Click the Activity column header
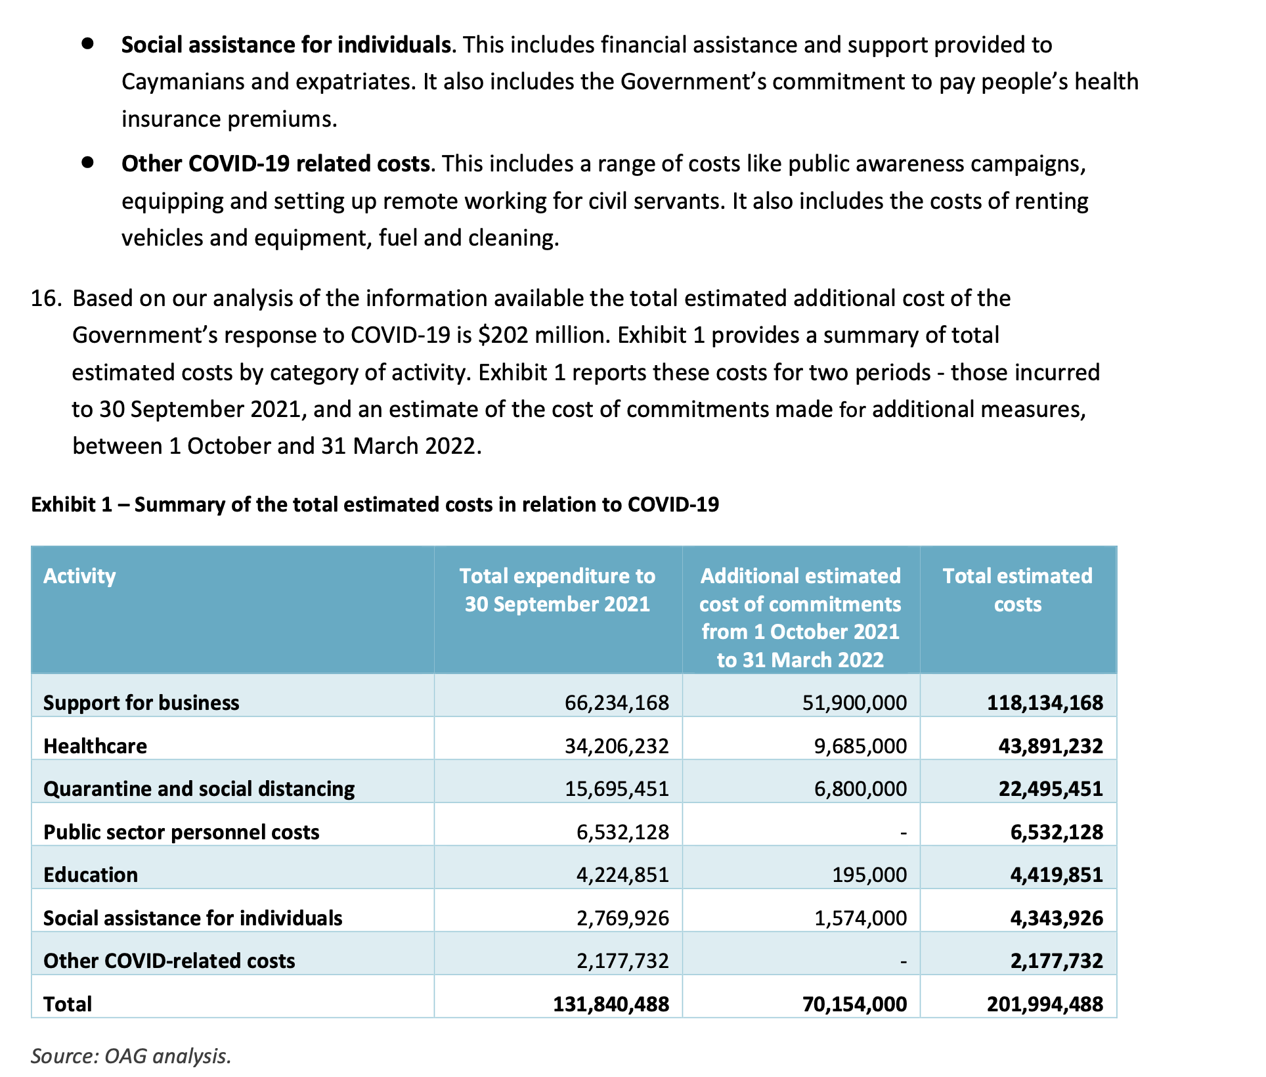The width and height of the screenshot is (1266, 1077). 79,576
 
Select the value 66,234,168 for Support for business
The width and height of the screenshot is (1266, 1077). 617,703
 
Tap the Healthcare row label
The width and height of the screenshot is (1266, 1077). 95,746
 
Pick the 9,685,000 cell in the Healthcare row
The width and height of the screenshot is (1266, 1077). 860,746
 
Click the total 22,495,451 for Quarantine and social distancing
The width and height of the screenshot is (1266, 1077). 1051,789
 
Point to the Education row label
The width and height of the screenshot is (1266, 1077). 91,875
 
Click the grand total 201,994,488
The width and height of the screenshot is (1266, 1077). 1045,1004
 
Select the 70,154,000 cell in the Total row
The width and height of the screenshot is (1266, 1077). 854,1004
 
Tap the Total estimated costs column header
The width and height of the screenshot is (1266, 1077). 1017,590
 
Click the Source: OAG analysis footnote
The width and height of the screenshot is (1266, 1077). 131,1056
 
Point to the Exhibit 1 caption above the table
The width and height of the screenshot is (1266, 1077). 375,504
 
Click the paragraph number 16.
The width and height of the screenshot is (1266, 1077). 46,298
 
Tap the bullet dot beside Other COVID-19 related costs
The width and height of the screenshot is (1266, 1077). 88,162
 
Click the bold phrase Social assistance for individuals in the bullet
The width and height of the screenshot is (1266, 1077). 286,45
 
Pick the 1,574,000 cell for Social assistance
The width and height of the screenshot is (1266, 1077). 860,918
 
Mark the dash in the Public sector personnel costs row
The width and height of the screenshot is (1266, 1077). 904,833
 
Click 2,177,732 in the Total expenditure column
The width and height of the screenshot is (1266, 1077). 622,961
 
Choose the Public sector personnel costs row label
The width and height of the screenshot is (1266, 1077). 181,832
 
